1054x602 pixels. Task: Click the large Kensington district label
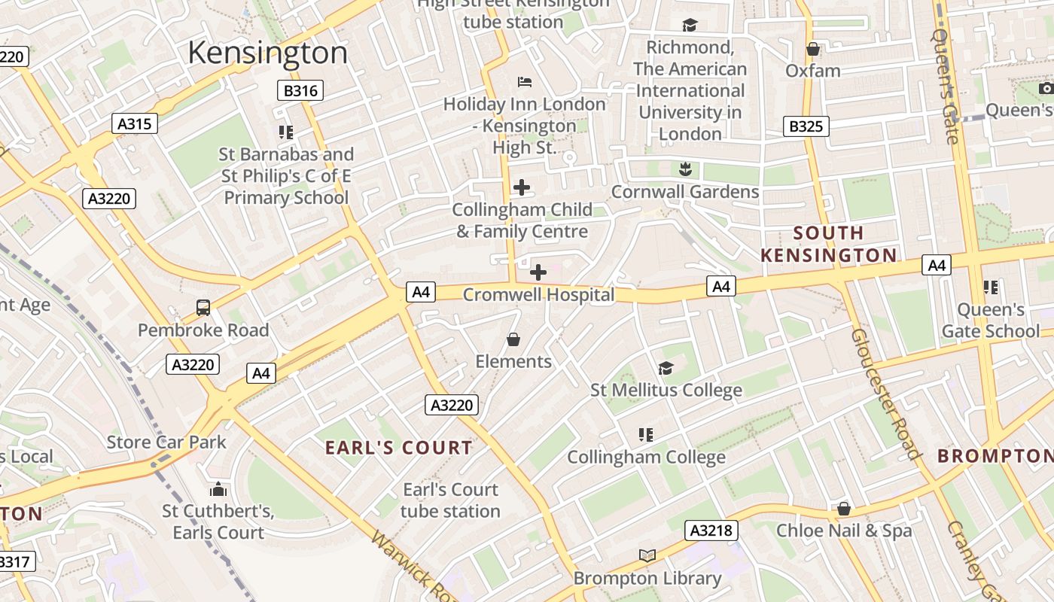(x=267, y=53)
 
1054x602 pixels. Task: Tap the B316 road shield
(x=300, y=91)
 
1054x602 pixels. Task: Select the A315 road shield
(x=135, y=123)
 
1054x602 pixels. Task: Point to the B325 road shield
(x=806, y=126)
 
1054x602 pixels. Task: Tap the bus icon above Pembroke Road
(x=203, y=307)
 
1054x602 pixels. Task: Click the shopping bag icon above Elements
(x=513, y=339)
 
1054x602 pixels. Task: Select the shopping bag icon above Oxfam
(x=812, y=49)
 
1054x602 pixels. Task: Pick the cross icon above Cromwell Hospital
(x=538, y=272)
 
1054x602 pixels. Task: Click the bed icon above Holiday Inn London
(x=525, y=81)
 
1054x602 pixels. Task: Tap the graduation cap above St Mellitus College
(x=666, y=368)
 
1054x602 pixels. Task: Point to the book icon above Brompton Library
(x=647, y=555)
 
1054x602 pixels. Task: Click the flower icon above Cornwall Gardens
(x=684, y=169)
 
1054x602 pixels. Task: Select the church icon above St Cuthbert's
(x=218, y=489)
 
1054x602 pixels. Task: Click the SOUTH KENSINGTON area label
(x=828, y=244)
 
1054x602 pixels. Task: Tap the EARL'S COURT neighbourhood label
(x=398, y=448)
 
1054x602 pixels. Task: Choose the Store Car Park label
(x=166, y=442)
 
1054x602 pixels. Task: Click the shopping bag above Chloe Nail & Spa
(x=844, y=509)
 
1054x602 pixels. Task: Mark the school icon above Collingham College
(x=645, y=434)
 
